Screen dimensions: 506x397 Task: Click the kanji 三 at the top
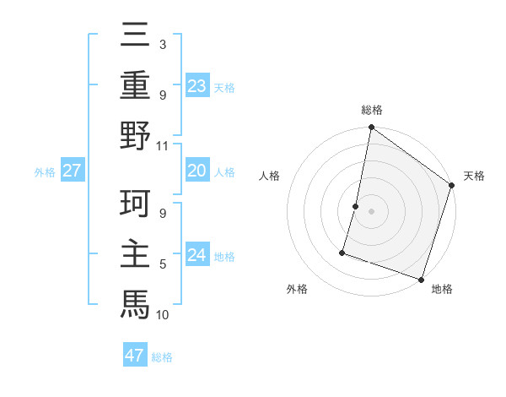point(135,35)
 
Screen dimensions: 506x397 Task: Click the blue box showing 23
point(197,85)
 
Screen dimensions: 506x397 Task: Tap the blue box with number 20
point(197,171)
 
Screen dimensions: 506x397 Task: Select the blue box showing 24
point(197,254)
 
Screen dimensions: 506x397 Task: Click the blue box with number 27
point(73,171)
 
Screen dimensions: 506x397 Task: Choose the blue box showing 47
point(135,356)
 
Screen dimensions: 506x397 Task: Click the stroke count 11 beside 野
point(163,145)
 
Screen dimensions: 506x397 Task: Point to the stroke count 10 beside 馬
point(163,314)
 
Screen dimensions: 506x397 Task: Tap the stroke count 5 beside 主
point(163,264)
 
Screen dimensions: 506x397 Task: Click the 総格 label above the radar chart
point(371,110)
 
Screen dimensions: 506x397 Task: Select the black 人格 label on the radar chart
point(270,177)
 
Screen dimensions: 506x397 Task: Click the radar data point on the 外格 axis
point(343,252)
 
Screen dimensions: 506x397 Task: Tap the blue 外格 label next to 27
point(45,171)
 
